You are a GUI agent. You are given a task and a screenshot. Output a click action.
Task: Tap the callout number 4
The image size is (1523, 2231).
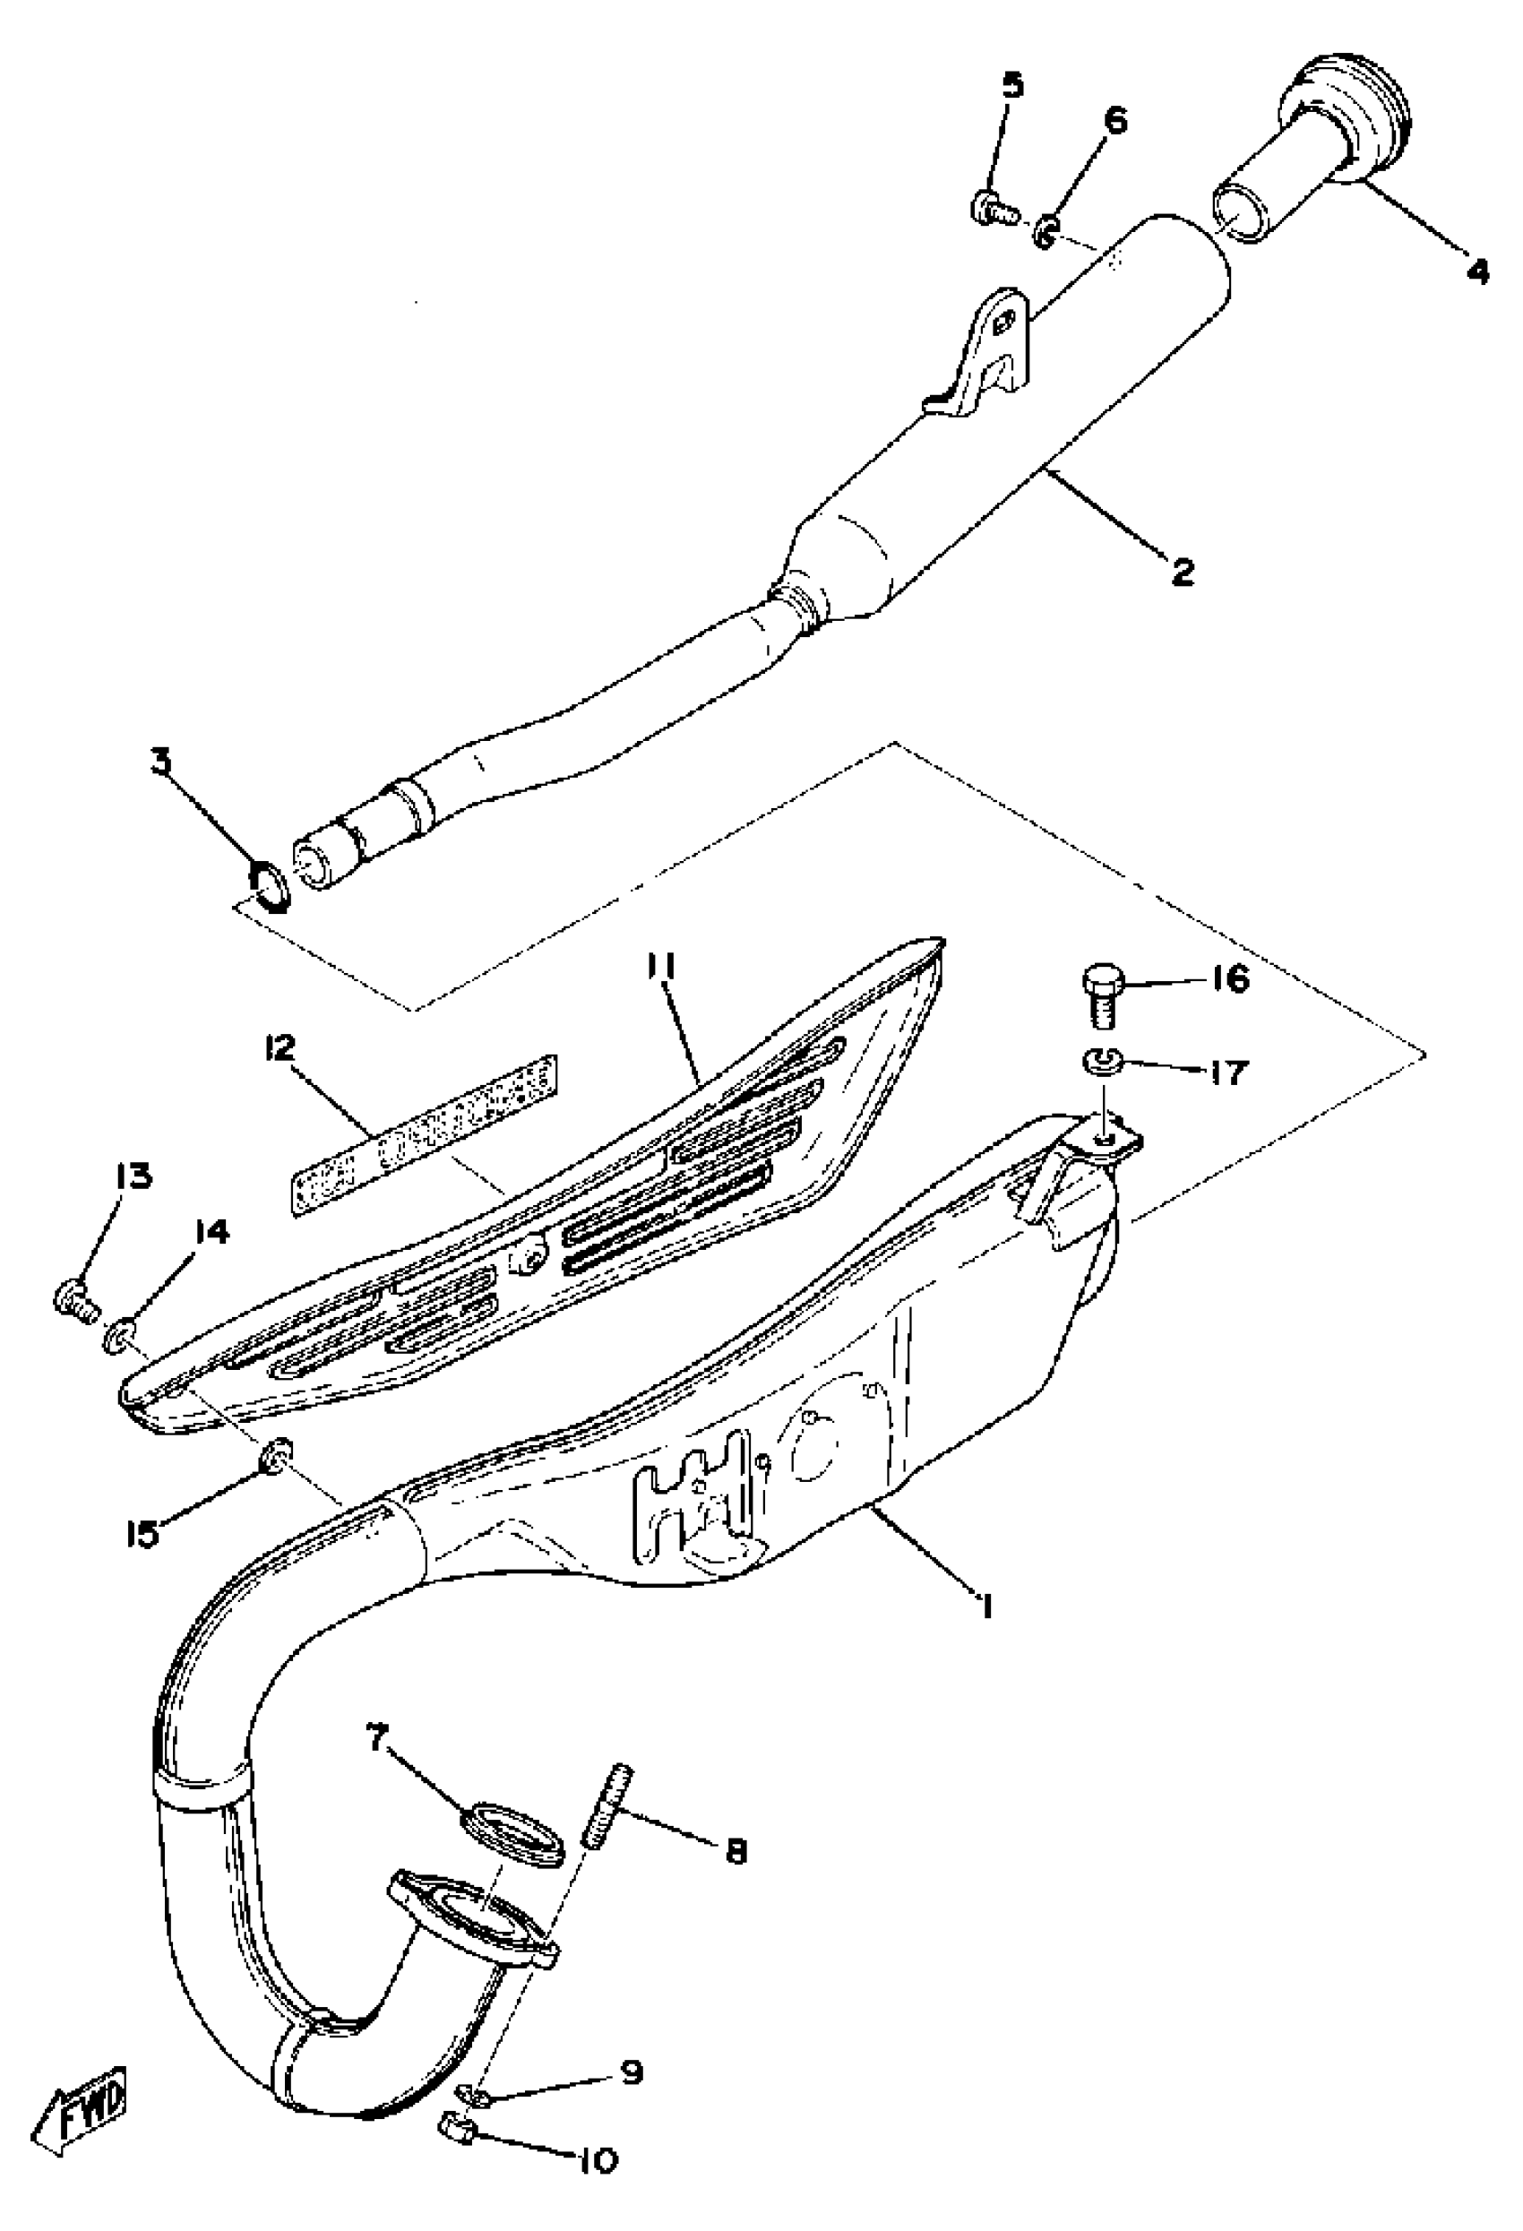(1477, 271)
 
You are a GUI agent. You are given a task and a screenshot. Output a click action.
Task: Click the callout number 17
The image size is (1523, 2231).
(1227, 1072)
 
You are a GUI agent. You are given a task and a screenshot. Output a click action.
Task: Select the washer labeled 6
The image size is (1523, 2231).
(1046, 231)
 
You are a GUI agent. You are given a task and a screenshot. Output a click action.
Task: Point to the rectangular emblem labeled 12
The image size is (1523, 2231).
(426, 1133)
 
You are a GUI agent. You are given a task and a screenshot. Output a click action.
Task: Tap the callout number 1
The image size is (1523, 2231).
(984, 1602)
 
